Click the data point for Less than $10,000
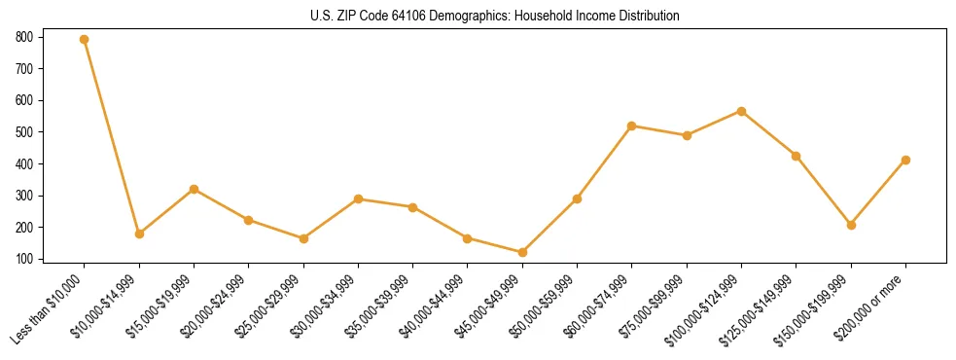(85, 40)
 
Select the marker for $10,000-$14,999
(139, 234)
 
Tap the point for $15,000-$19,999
(195, 189)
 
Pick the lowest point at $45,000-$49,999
(522, 252)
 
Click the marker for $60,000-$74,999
(632, 126)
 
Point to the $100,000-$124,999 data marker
(742, 111)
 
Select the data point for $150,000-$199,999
(851, 225)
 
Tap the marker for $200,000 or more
(905, 160)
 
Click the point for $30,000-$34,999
(359, 198)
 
